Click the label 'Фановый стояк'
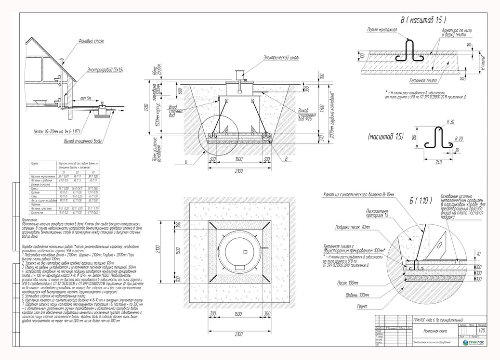pos(92,41)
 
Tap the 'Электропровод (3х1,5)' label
pos(105,70)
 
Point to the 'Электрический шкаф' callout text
pos(281,57)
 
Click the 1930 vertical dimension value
pos(146,108)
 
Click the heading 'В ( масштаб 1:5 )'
pos(423,20)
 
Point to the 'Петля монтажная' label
pos(382,30)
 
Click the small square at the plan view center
pos(244,252)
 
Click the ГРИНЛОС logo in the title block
pos(474,342)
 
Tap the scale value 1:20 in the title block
pos(481,331)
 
